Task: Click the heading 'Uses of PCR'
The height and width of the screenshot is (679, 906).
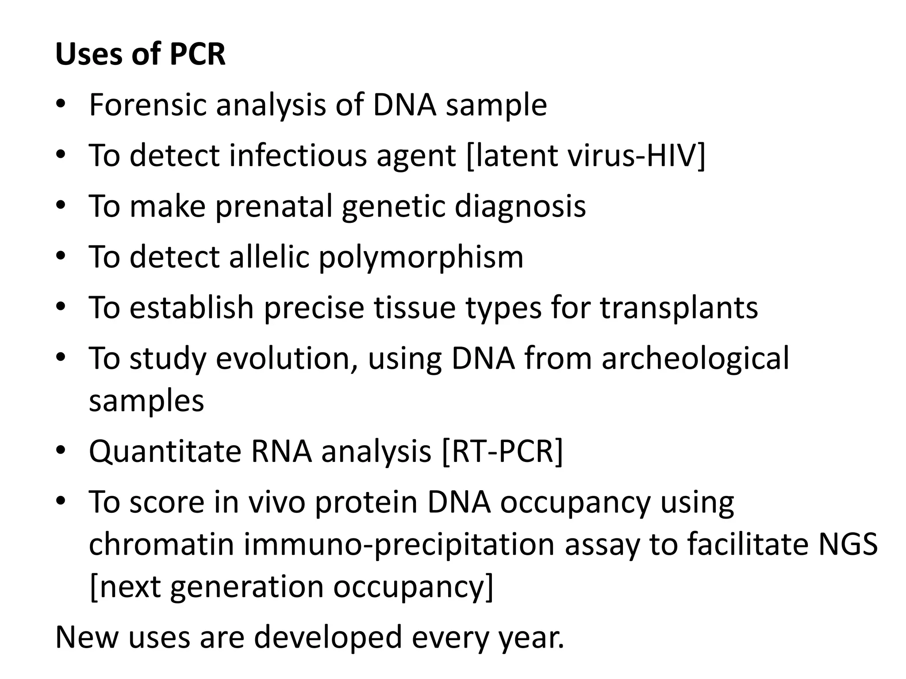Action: pyautogui.click(x=140, y=54)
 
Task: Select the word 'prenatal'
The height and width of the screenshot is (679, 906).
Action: pyautogui.click(x=274, y=206)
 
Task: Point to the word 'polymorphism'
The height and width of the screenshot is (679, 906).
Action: pyautogui.click(x=421, y=257)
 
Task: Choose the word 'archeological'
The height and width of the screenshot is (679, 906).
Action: pyautogui.click(x=695, y=358)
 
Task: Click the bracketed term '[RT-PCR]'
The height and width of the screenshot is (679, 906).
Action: pyautogui.click(x=503, y=451)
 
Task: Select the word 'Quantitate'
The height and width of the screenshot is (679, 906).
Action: pyautogui.click(x=165, y=451)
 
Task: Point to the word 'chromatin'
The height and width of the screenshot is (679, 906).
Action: pyautogui.click(x=161, y=545)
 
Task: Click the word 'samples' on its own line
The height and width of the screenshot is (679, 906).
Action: pyautogui.click(x=146, y=401)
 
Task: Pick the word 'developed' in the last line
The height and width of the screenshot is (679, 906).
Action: pyautogui.click(x=328, y=637)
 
